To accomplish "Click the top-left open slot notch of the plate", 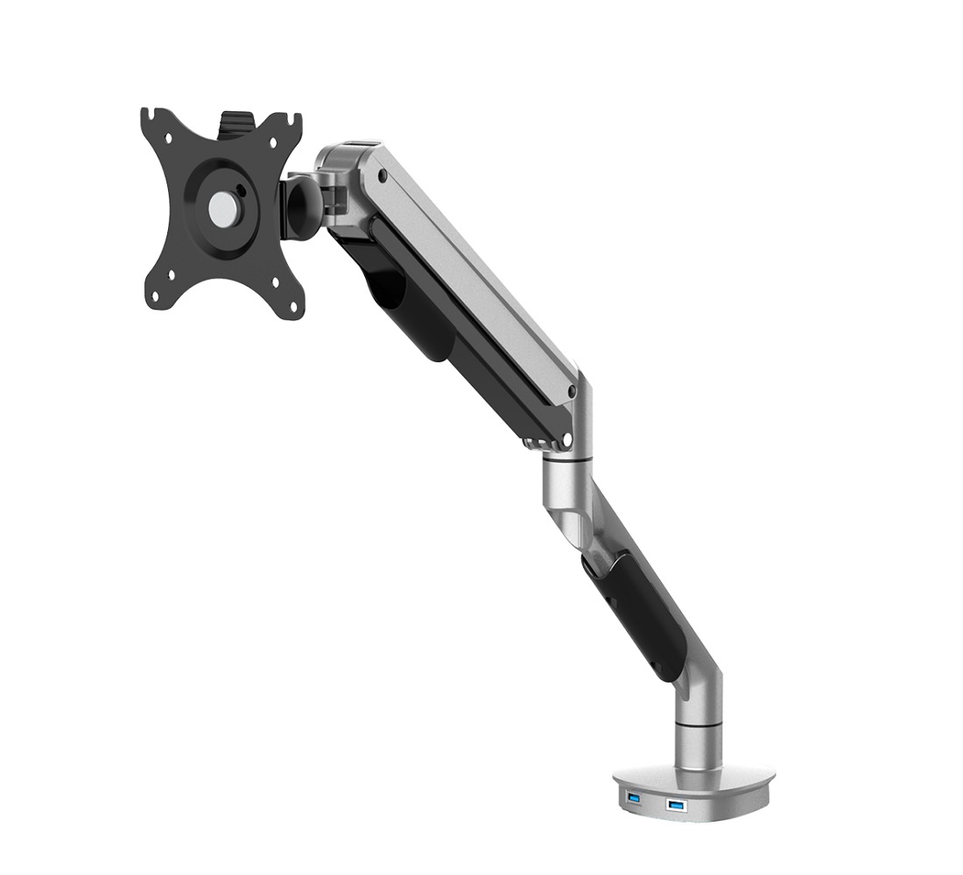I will (150, 114).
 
